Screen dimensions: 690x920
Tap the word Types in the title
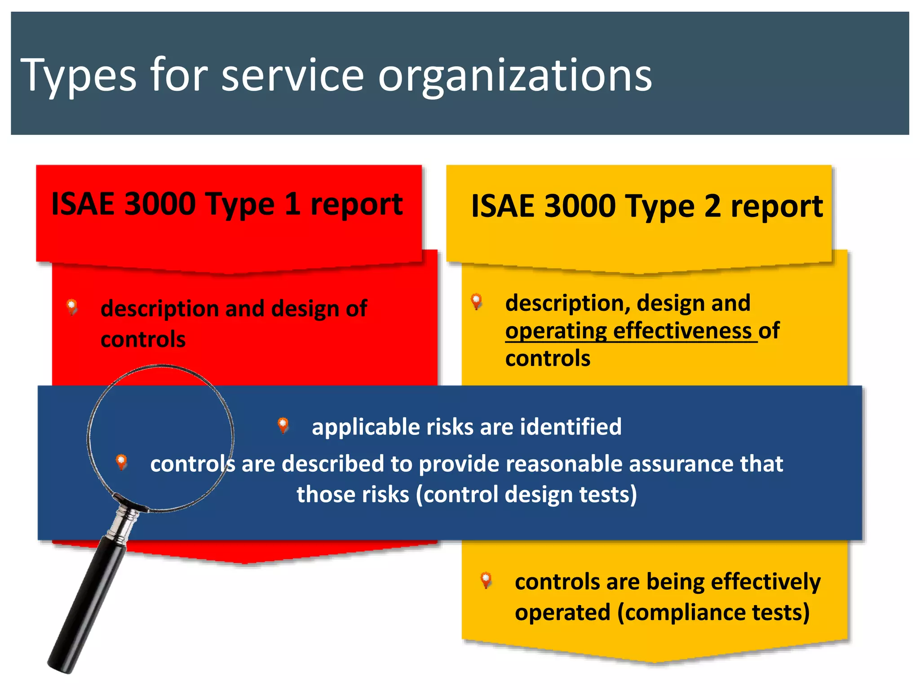[x=78, y=76]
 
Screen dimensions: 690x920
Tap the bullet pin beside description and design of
[x=72, y=307]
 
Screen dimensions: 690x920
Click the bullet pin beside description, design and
[x=477, y=301]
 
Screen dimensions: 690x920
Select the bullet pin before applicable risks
[x=283, y=425]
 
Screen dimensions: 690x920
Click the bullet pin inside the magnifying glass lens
[x=121, y=461]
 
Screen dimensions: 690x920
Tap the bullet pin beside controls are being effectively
[x=486, y=579]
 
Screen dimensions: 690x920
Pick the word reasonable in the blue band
[x=564, y=464]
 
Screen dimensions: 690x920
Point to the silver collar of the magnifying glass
[x=127, y=521]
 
